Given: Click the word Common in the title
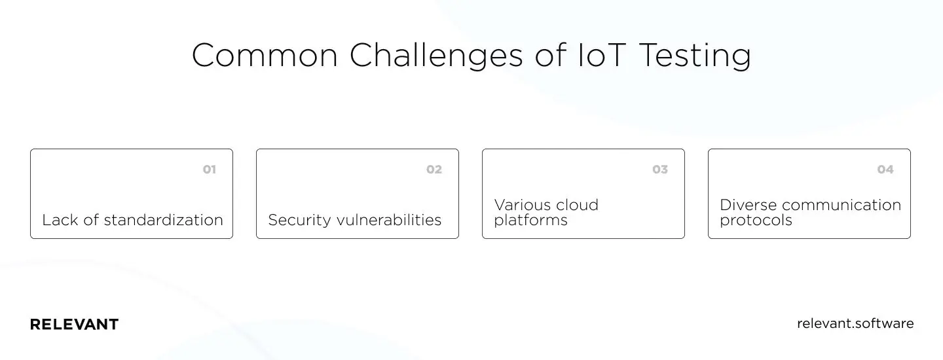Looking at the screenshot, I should (265, 56).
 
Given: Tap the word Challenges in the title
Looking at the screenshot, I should (436, 56).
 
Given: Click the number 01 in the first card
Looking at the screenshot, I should (209, 170).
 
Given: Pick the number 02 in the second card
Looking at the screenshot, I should (434, 170).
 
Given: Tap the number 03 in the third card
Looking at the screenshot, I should (660, 170).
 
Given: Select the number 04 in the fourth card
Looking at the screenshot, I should (885, 170).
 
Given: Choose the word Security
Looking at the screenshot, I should (299, 221).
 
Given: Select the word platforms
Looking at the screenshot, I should (530, 221).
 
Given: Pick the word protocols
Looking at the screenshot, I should (756, 221).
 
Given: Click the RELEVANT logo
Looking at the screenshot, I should (74, 325).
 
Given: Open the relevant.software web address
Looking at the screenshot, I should (855, 323).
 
